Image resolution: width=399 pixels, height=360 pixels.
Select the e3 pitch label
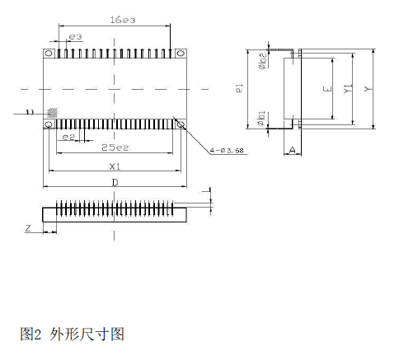[75, 37]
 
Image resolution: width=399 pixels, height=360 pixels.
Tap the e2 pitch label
[70, 137]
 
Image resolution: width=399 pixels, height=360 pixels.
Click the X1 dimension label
[115, 165]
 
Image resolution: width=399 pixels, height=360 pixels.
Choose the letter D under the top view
[115, 181]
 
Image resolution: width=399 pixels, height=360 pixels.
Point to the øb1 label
[261, 118]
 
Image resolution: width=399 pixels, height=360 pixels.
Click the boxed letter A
[293, 149]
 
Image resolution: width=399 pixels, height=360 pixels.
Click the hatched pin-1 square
[51, 111]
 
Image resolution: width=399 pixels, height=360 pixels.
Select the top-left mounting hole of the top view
[49, 54]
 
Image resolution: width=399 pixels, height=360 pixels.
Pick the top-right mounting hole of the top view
[180, 54]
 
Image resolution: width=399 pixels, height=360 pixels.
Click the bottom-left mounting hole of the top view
[49, 124]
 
